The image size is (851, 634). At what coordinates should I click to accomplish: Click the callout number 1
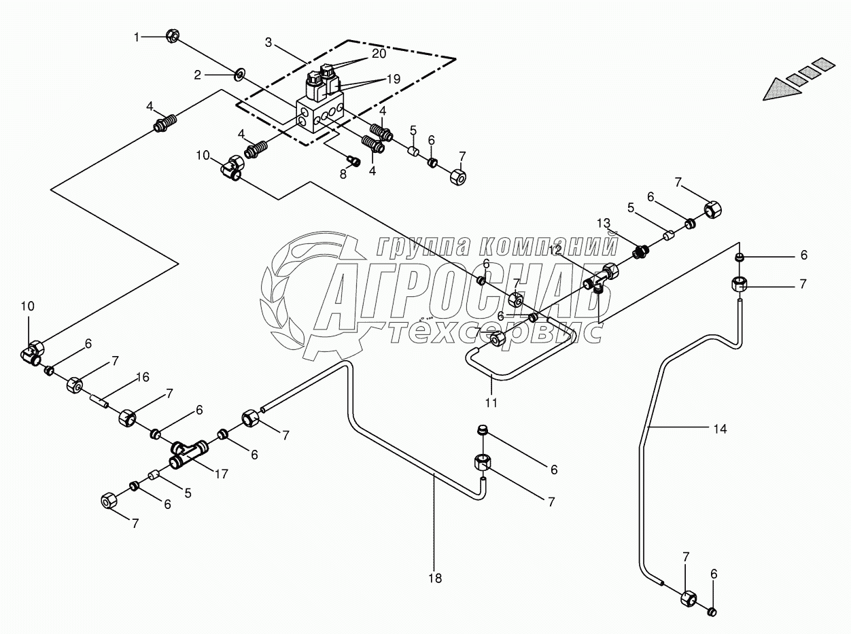(x=136, y=37)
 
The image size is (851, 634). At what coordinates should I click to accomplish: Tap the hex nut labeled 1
(x=173, y=36)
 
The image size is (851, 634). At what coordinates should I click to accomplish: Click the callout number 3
(x=268, y=43)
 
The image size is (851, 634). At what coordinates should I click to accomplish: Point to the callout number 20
(x=379, y=53)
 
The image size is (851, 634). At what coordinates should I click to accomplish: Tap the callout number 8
(x=343, y=174)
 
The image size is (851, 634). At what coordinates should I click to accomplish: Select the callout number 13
(x=604, y=224)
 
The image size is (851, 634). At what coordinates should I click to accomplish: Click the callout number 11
(x=491, y=402)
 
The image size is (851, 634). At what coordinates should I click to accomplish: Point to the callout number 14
(x=720, y=429)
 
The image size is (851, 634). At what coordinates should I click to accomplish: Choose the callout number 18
(x=435, y=578)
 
